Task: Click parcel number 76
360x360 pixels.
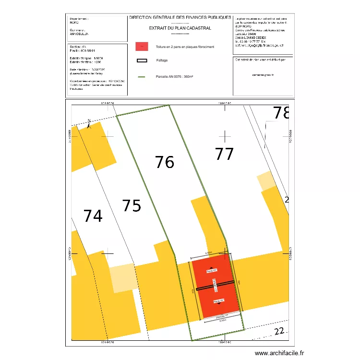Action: (165, 162)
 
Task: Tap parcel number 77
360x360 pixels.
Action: (224, 154)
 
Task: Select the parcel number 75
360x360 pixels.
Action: (132, 205)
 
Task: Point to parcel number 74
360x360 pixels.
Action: (93, 216)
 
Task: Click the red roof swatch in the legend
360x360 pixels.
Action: (142, 47)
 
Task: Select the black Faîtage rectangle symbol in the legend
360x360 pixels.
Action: (142, 60)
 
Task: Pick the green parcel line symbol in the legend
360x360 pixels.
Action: (142, 77)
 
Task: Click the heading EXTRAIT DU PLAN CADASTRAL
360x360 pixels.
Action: (180, 28)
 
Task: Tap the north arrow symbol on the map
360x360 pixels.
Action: (89, 123)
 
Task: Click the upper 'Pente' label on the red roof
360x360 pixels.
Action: (212, 271)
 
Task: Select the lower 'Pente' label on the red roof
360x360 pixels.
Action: (213, 301)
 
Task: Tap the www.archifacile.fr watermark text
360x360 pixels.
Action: (279, 353)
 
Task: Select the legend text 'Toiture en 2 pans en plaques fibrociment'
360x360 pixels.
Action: (185, 47)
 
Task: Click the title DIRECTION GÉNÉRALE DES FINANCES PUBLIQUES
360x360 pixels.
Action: (180, 17)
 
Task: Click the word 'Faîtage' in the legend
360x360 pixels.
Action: (162, 60)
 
